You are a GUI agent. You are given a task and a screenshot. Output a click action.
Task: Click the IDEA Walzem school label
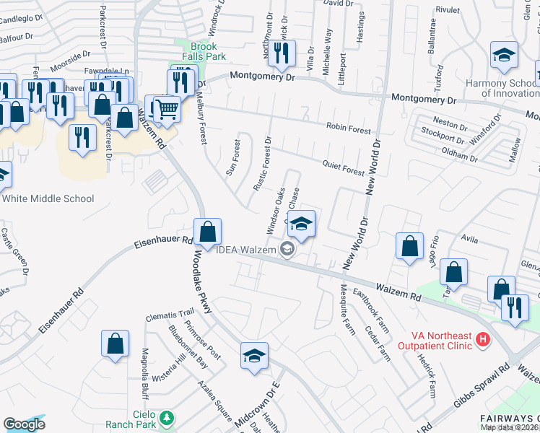[248, 250]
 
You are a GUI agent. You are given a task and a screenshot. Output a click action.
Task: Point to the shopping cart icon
[167, 110]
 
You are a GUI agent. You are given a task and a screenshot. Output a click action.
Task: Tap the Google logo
[25, 424]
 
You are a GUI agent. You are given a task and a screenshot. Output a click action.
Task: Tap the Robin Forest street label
[349, 128]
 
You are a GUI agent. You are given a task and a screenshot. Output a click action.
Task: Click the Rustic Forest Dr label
[261, 164]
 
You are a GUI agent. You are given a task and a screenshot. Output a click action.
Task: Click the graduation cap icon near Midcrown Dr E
[254, 357]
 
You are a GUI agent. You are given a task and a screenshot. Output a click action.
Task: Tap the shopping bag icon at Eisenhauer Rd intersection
[207, 232]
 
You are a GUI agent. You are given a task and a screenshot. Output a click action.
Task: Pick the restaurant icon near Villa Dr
[282, 53]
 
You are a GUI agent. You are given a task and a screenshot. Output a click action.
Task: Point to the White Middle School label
[48, 198]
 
